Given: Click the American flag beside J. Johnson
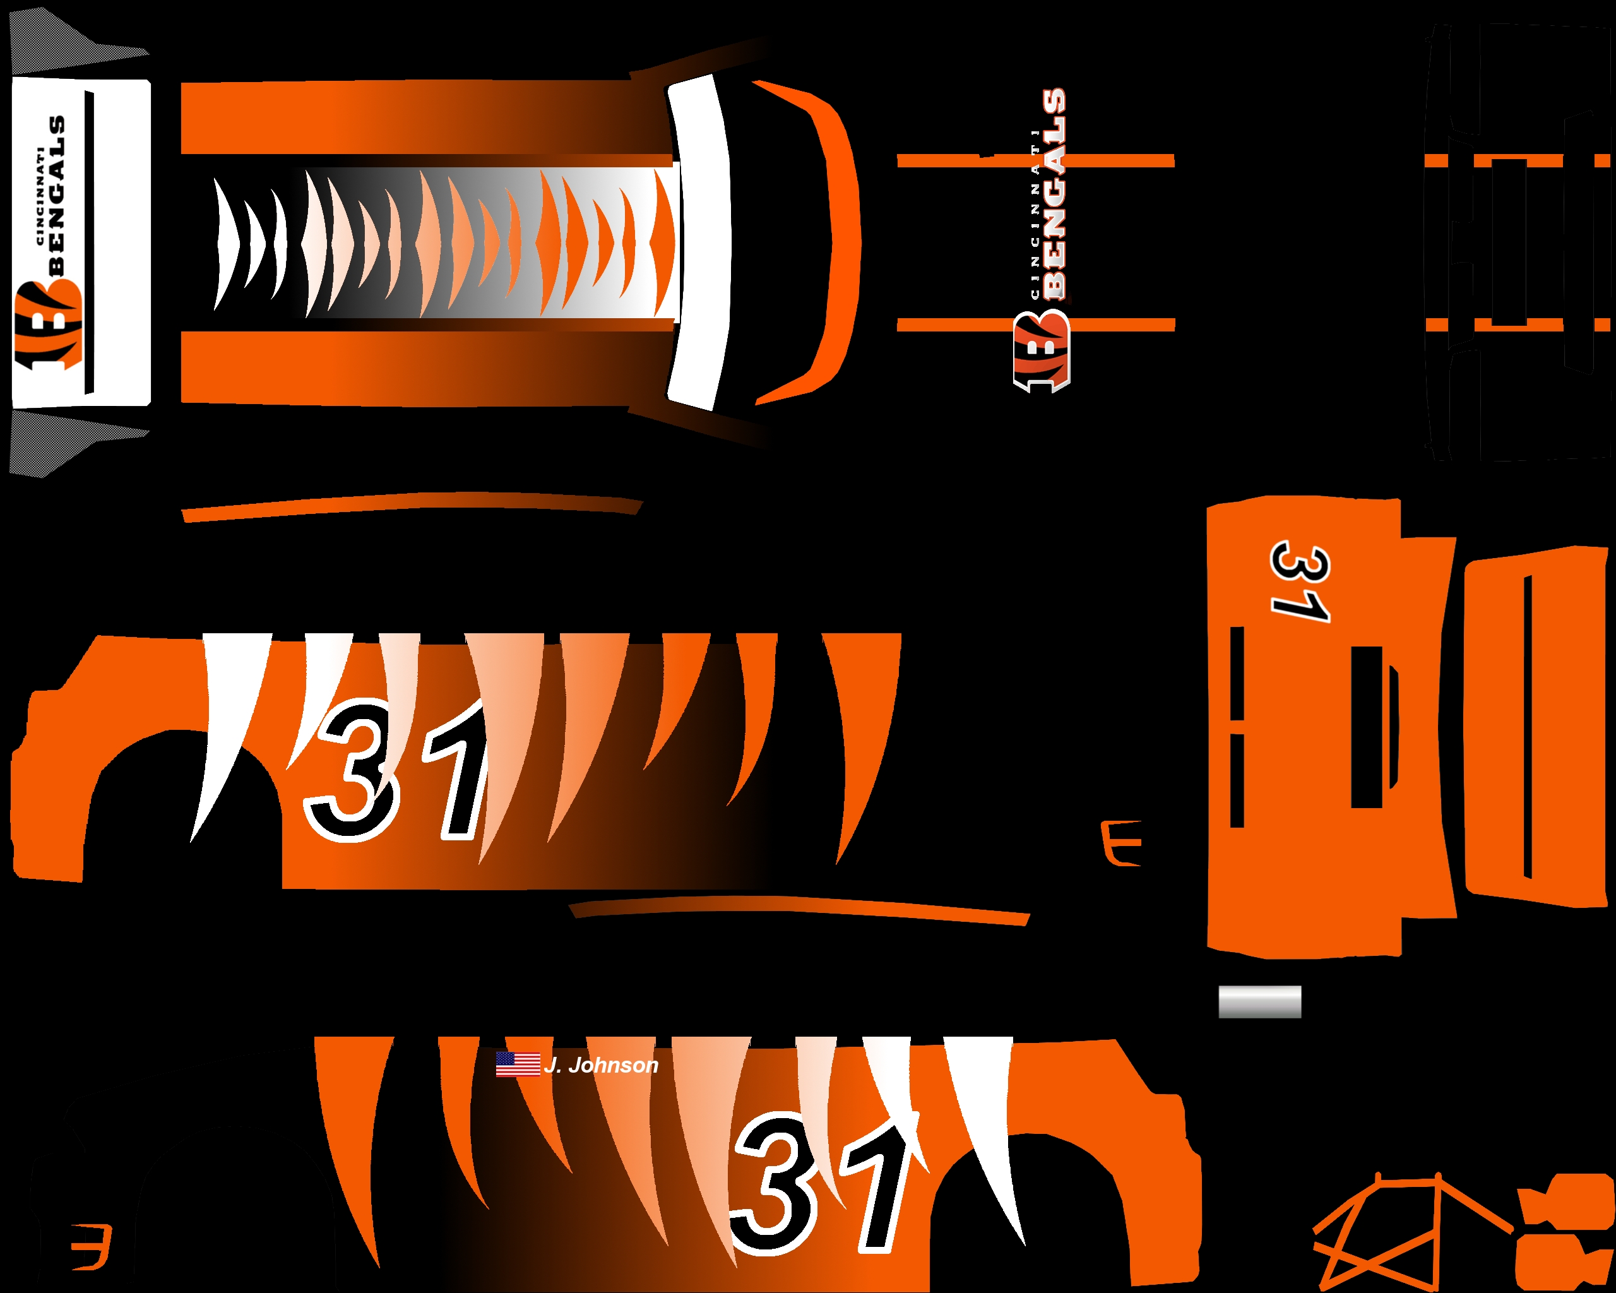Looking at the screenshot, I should point(518,1064).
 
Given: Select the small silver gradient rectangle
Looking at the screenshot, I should point(1259,1002).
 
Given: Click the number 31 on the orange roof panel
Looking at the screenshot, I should point(1300,582).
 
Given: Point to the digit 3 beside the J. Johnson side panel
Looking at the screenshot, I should point(772,1184).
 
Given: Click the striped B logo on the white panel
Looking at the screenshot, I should point(47,326).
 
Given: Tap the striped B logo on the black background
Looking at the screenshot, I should point(1042,352).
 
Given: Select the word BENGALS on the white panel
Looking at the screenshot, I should point(56,195).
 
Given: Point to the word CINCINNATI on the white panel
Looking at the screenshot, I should point(39,196).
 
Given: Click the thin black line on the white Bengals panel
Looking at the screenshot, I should point(89,242).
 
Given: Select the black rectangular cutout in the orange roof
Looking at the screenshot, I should point(1367,727).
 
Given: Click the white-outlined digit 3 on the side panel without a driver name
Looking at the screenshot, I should point(351,772).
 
